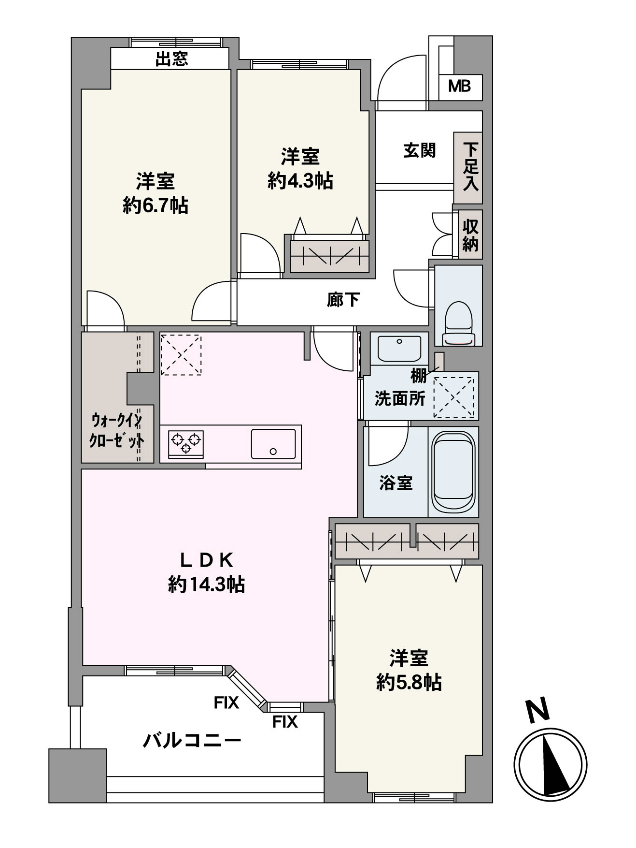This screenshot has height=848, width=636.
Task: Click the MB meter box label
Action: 459,87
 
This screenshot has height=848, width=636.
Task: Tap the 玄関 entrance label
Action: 420,150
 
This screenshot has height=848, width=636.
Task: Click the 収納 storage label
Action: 470,235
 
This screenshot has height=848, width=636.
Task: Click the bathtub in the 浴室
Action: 453,472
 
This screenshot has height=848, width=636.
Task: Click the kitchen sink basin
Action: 273,444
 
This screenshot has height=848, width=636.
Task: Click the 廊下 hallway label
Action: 343,300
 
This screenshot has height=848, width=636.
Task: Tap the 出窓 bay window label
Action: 171,59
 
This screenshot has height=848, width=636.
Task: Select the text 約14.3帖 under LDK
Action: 207,585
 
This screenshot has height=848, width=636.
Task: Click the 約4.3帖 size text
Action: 300,181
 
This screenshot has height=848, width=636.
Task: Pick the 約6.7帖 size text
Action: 155,206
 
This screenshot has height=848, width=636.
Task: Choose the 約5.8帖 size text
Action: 409,683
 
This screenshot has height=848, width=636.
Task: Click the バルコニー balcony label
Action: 192,740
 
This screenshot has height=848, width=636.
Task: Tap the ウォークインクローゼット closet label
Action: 117,431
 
